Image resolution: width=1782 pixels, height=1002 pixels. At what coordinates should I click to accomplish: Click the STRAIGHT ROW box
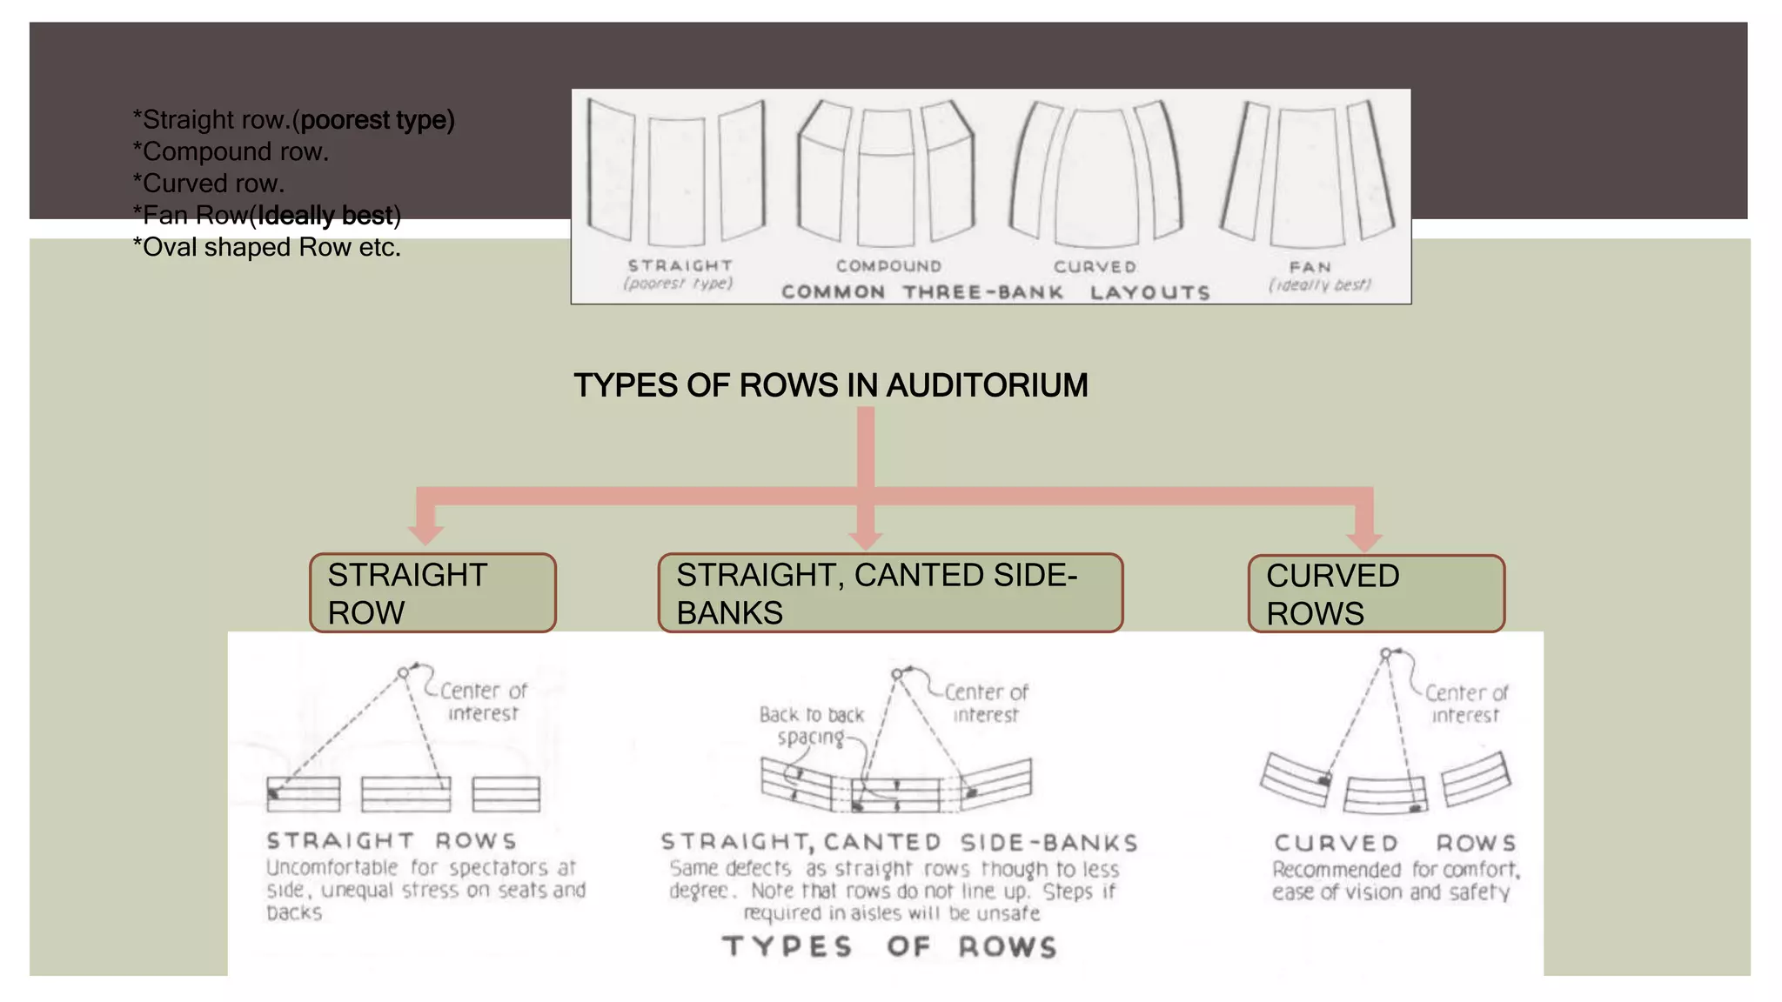432,593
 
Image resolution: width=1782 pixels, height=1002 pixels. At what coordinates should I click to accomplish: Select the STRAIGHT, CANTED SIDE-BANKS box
890,593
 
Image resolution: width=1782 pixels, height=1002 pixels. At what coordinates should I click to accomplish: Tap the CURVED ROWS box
1376,594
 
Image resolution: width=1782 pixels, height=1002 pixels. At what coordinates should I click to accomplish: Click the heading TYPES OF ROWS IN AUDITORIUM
830,385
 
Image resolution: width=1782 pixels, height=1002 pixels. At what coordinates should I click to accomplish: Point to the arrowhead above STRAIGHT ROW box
425,532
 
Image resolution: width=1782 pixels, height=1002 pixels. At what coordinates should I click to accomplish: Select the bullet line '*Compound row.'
231,151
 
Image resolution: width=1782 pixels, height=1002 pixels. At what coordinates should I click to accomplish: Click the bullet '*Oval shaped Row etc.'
266,247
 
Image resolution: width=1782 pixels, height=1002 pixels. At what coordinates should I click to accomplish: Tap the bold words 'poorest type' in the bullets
375,120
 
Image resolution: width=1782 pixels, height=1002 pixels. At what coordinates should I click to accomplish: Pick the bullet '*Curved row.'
209,184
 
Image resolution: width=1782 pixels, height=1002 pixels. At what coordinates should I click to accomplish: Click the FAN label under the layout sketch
1310,267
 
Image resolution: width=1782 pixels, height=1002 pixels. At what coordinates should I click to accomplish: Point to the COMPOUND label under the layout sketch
888,266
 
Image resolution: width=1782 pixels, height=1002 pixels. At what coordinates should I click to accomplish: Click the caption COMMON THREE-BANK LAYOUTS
995,292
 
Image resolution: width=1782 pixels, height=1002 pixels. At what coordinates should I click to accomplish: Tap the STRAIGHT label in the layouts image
680,265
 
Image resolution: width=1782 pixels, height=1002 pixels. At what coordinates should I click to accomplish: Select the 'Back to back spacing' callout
811,725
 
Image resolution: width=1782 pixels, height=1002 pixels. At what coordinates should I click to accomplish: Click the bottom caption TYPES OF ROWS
889,946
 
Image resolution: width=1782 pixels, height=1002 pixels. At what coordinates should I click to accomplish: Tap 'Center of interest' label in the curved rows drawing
1465,704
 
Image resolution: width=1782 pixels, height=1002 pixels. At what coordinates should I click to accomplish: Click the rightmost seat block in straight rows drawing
506,794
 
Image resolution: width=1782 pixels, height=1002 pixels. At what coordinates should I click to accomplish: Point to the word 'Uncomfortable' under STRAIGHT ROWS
332,867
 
